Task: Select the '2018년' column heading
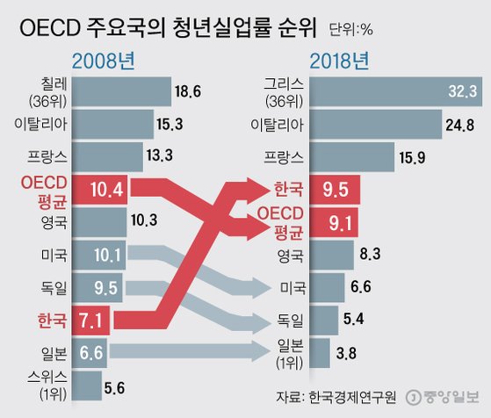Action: click(x=343, y=63)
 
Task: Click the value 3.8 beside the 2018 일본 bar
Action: click(x=348, y=354)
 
